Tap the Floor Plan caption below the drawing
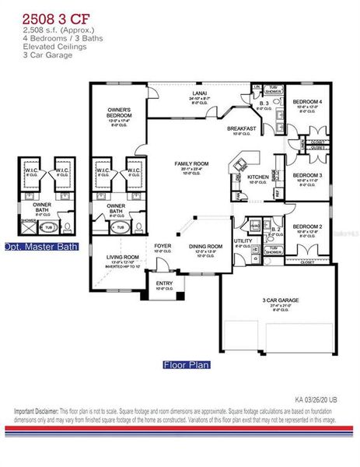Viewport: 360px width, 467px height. coord(186,363)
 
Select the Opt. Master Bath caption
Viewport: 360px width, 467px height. coord(41,247)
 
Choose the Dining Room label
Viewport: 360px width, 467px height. coord(205,247)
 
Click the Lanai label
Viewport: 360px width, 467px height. coord(178,93)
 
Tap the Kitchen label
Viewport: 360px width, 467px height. coord(257,177)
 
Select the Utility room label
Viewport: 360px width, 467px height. coord(242,241)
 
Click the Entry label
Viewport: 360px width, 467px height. coord(164,283)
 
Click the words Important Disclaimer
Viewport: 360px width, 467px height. coord(38,410)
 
